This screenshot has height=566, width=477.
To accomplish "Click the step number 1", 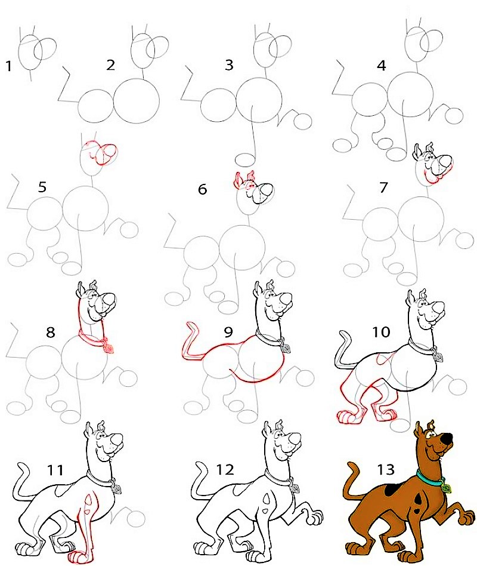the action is coord(9,66).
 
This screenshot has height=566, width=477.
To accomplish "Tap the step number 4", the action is coord(381,66).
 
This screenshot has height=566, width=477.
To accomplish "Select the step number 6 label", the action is coord(203,189).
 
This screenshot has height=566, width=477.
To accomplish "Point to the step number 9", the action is coord(228,332).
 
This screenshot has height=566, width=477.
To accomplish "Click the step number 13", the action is coord(386,469).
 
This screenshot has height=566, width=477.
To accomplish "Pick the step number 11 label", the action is coord(55,470).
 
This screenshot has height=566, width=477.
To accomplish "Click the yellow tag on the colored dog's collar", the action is coord(447,488).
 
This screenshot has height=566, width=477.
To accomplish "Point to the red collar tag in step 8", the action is coord(109,348).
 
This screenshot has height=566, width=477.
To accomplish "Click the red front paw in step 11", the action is coord(76,556).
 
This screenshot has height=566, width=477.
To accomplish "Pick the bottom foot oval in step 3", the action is coord(245,159).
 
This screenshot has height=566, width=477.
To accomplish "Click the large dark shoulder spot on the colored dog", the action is coord(392,489).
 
